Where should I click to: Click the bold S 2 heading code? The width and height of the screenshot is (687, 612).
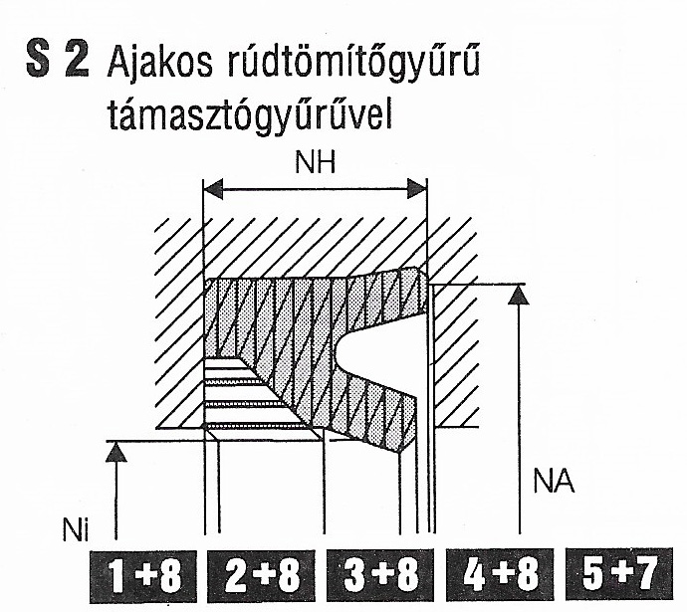(x=58, y=59)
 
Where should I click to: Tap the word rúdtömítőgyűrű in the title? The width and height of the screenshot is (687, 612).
(x=354, y=65)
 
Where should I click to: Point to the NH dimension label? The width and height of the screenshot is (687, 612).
(x=315, y=163)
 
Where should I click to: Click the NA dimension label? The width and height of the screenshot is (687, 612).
(x=554, y=482)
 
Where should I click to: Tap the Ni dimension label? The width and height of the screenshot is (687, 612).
(x=76, y=529)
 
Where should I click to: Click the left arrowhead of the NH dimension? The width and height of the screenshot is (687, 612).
(x=213, y=189)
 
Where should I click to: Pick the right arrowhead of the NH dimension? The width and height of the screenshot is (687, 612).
(x=417, y=189)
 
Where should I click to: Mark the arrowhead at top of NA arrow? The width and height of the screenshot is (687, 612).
(x=519, y=295)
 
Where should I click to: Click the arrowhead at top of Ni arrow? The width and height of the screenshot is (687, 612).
(x=116, y=452)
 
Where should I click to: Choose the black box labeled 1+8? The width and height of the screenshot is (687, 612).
(x=143, y=575)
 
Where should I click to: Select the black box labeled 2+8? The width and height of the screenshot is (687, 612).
(x=262, y=575)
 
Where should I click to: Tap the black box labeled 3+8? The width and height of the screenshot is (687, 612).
(x=380, y=575)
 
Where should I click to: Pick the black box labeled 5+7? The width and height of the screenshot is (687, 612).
(x=619, y=574)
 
